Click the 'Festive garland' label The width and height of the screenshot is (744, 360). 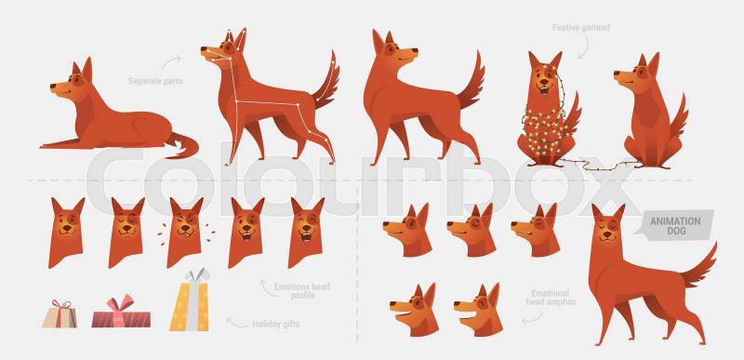point(580,28)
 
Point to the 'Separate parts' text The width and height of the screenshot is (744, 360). point(155,81)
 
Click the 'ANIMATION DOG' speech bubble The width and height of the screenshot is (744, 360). point(675,226)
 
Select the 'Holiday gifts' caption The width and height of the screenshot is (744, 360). point(275,325)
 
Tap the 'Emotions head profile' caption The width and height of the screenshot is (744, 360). point(301,291)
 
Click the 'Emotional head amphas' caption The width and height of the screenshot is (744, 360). point(551,298)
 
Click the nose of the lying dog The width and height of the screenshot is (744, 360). point(53,87)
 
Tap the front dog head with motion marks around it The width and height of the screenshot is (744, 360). point(184,233)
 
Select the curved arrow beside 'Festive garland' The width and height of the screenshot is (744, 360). point(583,48)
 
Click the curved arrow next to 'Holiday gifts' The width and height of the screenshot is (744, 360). point(236,324)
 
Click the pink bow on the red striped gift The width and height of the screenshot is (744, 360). point(120,303)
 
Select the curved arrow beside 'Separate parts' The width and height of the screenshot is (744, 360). point(171,61)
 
